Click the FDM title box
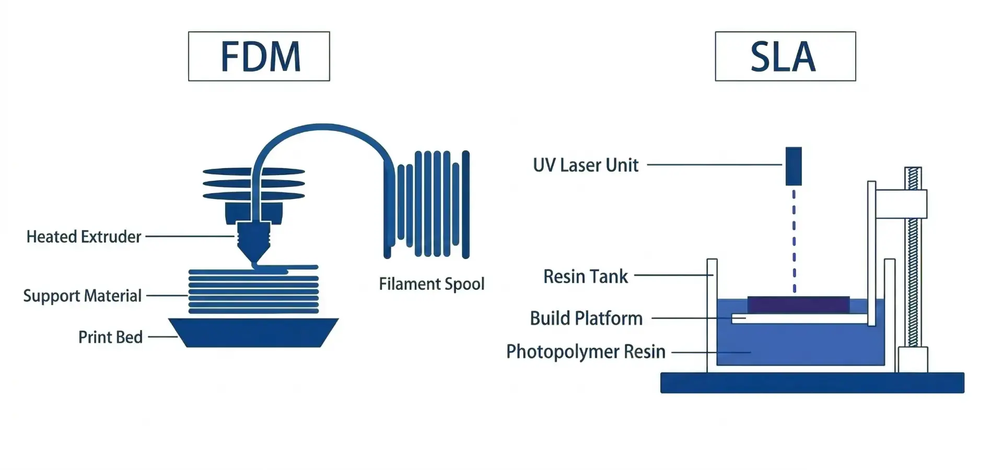259,56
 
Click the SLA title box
785,56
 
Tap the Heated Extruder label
84,237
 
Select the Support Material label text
83,296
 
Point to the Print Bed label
110,337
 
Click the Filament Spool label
431,284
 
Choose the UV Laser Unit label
586,165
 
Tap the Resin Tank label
586,276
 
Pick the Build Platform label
586,318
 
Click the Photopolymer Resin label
586,351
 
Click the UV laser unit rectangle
794,166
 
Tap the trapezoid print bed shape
254,333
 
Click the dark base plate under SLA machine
812,383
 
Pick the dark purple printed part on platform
798,305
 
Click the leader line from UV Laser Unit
714,164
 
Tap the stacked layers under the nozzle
254,291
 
